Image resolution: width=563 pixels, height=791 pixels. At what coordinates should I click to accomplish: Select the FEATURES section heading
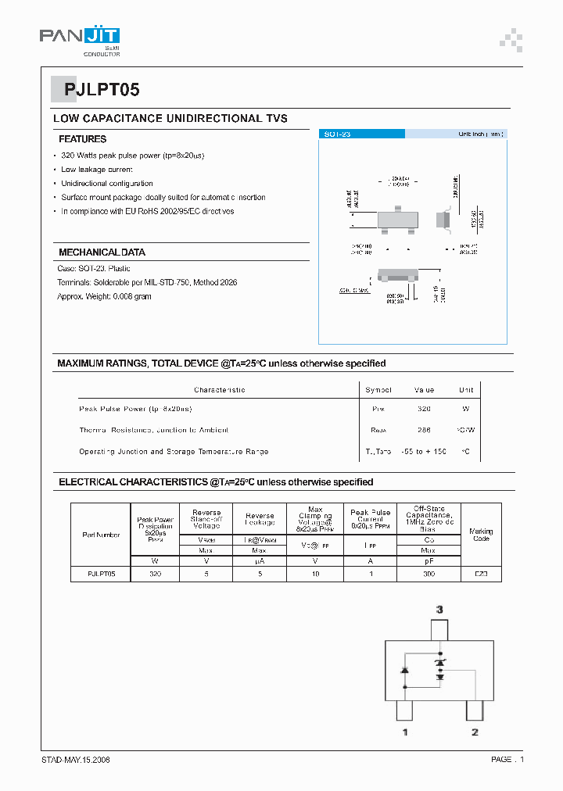click(82, 139)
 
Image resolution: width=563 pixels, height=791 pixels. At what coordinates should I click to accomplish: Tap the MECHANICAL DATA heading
click(102, 252)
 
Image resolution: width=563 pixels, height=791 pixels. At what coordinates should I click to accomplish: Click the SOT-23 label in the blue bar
click(337, 134)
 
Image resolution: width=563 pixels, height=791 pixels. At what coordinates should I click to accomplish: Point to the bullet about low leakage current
click(97, 170)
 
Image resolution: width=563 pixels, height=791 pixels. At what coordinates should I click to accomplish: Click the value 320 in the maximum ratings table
click(424, 409)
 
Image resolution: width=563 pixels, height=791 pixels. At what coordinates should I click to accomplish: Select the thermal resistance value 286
click(424, 430)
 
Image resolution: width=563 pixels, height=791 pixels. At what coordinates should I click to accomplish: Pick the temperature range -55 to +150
click(424, 452)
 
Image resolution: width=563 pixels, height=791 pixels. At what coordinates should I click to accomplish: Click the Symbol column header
click(378, 389)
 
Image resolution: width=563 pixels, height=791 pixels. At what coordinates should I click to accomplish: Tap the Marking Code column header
click(481, 535)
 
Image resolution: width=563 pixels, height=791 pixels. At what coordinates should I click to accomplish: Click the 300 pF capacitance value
click(429, 574)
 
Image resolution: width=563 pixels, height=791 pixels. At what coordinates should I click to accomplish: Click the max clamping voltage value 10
click(315, 574)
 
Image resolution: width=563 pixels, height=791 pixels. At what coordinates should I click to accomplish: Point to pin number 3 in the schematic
click(439, 609)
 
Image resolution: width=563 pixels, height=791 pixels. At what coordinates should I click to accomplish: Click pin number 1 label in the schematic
click(404, 732)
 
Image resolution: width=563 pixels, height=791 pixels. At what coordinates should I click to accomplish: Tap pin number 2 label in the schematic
click(474, 732)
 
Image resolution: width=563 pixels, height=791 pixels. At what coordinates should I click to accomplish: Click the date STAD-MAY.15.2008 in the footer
click(75, 760)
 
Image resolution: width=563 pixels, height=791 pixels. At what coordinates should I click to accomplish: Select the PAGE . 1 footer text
click(507, 760)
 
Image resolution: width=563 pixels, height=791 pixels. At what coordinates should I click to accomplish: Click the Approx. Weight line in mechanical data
click(104, 296)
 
